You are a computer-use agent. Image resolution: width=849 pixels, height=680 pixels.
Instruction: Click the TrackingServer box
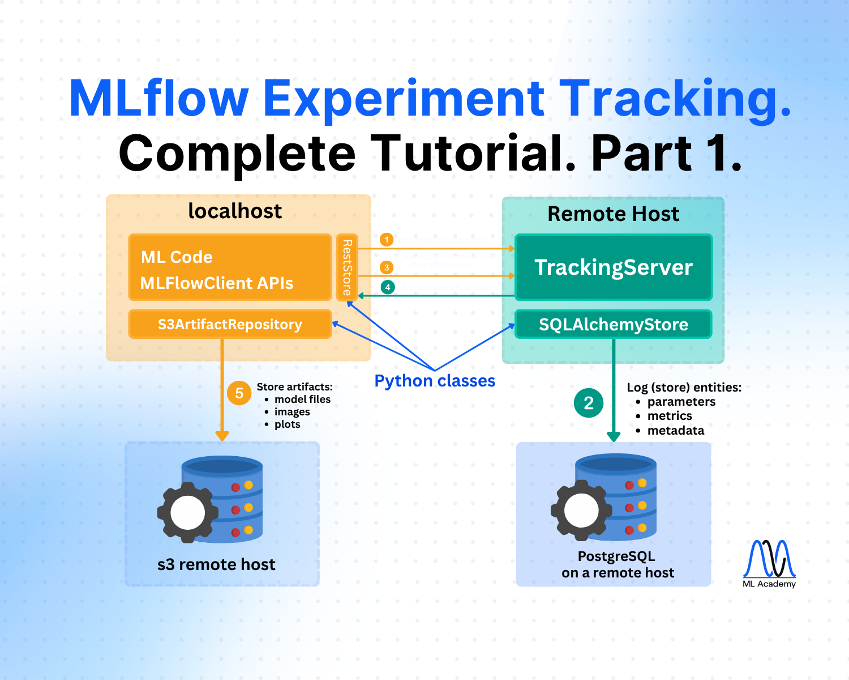point(613,267)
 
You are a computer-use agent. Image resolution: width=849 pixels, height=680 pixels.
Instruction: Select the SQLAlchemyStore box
point(613,324)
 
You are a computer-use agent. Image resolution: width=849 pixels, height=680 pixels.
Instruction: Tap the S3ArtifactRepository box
point(230,324)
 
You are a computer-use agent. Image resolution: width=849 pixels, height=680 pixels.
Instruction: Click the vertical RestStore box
point(347,267)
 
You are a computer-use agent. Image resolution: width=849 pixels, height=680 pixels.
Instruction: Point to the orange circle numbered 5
point(239,393)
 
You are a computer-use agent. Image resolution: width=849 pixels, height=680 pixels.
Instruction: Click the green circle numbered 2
point(589,403)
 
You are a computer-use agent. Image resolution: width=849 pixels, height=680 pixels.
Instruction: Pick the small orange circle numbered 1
point(387,240)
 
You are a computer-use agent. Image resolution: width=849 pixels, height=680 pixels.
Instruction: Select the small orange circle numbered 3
point(387,267)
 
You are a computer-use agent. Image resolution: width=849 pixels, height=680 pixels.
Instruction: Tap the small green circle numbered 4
point(388,287)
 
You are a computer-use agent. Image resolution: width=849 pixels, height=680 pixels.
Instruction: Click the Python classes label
point(435,381)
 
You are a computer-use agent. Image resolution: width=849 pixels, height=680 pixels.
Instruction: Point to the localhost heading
point(235,211)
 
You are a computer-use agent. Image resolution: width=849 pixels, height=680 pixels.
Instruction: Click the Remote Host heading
point(613,214)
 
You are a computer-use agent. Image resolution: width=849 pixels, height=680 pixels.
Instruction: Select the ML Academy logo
point(769,563)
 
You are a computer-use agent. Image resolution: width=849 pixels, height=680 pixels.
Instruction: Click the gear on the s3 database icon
point(188,513)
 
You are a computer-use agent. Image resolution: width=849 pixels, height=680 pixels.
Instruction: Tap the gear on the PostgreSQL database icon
point(581,510)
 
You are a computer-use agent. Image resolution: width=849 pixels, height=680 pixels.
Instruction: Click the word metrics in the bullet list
point(670,416)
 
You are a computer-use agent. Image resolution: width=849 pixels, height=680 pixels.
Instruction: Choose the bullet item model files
point(302,399)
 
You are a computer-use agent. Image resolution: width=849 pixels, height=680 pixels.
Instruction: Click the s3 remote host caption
point(216,564)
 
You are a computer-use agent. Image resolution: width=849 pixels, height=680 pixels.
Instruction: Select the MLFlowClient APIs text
point(217,283)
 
